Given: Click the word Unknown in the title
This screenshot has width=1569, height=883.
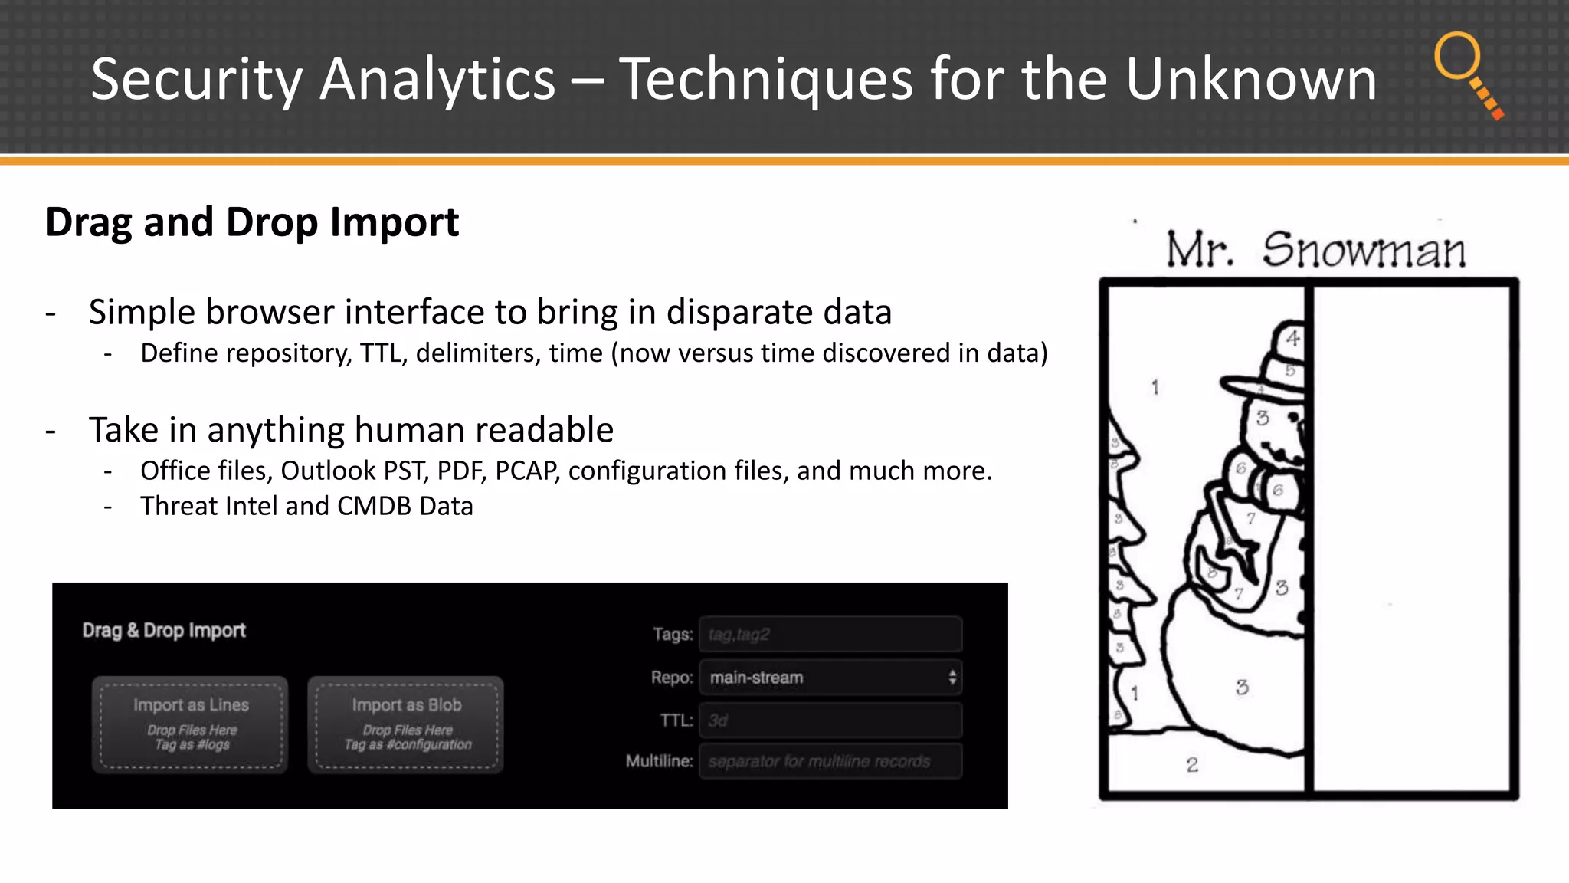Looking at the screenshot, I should (x=1250, y=80).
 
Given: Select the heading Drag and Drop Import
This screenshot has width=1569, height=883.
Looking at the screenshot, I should (x=252, y=222).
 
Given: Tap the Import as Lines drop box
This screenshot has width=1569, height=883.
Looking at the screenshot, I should (x=190, y=724).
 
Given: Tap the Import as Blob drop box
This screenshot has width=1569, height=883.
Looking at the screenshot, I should (x=406, y=724).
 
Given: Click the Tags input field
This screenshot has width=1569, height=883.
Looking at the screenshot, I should (x=830, y=635).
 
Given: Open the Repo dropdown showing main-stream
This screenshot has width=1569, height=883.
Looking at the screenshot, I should (x=830, y=678).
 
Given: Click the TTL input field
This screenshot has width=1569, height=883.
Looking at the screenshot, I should (x=830, y=721).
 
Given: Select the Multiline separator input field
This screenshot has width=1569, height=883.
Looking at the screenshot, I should (x=830, y=762).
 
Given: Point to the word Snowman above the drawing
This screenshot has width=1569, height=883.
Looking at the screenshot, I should (x=1364, y=251).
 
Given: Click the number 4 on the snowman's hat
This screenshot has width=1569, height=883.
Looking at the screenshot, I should (x=1293, y=338).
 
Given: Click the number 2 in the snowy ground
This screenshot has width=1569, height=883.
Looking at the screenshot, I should (x=1192, y=764).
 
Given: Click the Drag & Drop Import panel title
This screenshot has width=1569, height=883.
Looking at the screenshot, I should (x=164, y=631).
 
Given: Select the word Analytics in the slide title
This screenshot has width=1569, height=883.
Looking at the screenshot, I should (x=437, y=80).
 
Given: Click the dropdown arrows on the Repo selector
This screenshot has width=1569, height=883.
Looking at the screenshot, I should (x=952, y=678).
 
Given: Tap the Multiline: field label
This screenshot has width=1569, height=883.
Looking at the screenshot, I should (x=659, y=762).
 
